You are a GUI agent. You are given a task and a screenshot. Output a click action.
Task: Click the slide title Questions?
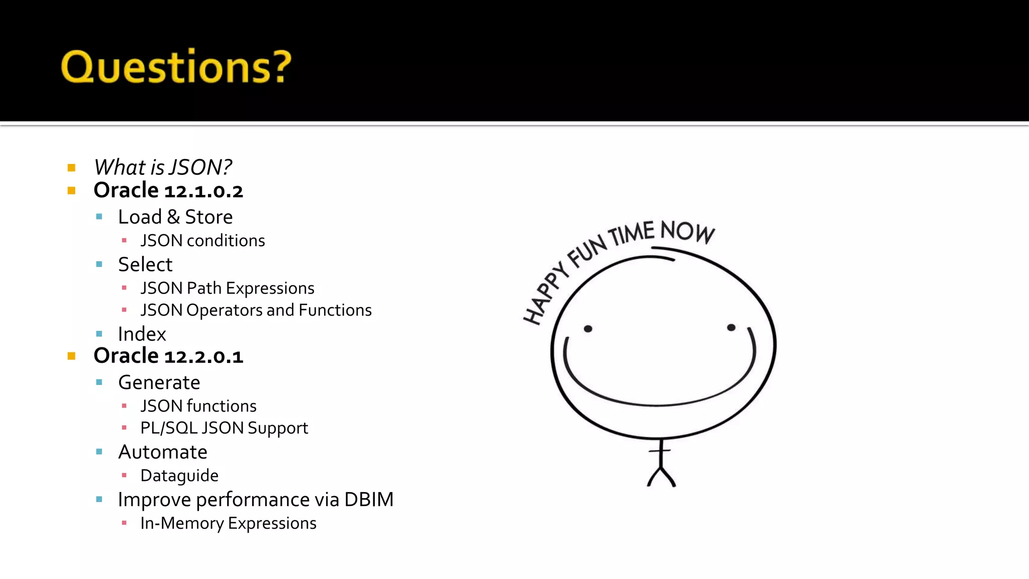(x=176, y=66)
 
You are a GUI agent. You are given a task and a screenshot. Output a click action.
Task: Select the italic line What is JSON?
(x=163, y=167)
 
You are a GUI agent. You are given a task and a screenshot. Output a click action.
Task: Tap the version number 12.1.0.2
(x=203, y=191)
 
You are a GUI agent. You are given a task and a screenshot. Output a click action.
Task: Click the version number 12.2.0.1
(x=203, y=357)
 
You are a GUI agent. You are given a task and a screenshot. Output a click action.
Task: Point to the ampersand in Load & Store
(x=173, y=217)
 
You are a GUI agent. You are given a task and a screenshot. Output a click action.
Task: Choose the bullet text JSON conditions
(x=202, y=241)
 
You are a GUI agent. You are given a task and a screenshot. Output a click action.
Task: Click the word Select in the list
(x=145, y=264)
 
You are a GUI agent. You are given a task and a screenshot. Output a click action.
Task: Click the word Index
(x=142, y=334)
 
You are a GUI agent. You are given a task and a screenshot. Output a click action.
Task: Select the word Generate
(x=159, y=382)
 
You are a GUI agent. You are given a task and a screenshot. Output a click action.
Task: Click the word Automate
(x=162, y=452)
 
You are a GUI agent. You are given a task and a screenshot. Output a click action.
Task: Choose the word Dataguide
(x=179, y=475)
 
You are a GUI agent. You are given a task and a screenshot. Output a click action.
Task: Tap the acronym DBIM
(x=369, y=500)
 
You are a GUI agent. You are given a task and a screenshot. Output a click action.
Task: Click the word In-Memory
(x=182, y=523)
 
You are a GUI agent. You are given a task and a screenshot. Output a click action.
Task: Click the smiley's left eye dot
(x=588, y=329)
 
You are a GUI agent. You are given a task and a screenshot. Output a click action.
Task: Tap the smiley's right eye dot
(x=731, y=328)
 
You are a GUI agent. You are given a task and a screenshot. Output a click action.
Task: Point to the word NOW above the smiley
(x=687, y=232)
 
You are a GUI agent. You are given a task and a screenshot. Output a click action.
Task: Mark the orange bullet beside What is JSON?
(x=71, y=168)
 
